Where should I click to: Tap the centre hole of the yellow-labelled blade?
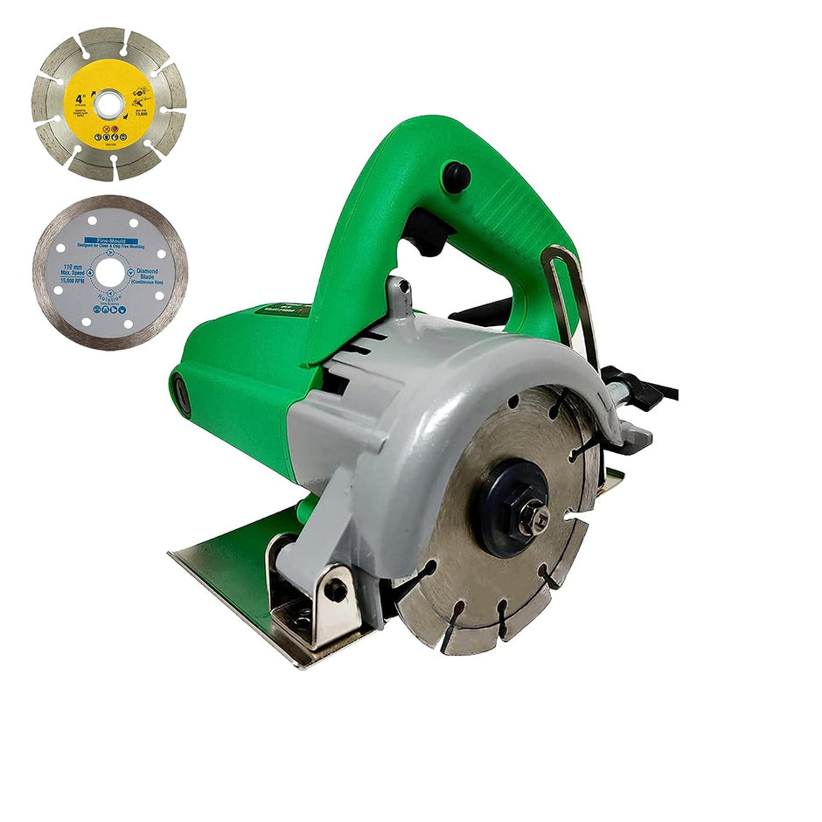(x=109, y=104)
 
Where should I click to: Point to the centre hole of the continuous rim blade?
(x=109, y=273)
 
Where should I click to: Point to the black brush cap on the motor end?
(x=181, y=394)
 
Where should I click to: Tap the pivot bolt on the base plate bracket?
(x=335, y=589)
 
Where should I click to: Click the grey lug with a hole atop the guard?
(x=400, y=295)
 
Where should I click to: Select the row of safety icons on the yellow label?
(x=109, y=136)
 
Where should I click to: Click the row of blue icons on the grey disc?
(x=109, y=310)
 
